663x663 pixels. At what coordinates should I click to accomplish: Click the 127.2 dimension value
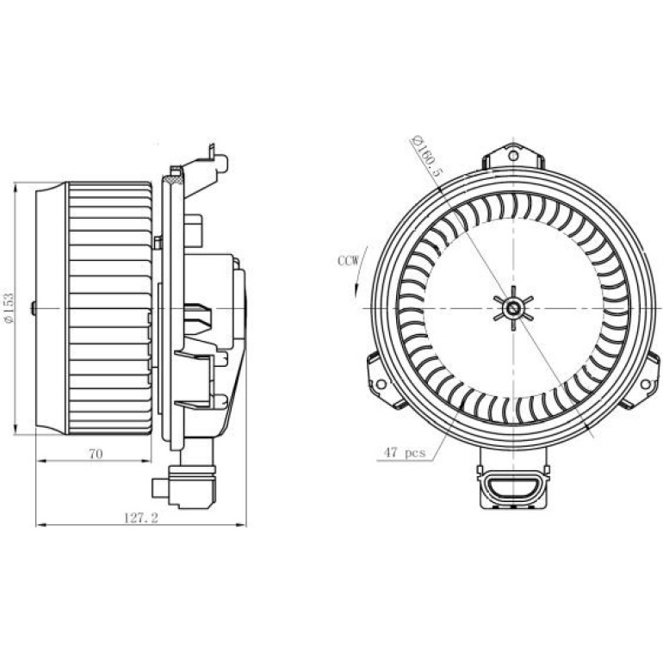click(141, 517)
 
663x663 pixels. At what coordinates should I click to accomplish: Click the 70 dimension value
click(96, 454)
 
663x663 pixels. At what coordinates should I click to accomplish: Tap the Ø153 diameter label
click(9, 308)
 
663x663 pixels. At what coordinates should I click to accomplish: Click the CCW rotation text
click(348, 260)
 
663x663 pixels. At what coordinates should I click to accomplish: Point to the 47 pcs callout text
click(404, 452)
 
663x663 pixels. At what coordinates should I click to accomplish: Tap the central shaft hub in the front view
click(513, 308)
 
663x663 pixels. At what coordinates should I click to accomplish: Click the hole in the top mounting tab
click(513, 156)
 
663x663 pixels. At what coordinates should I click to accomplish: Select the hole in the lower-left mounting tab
click(381, 384)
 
